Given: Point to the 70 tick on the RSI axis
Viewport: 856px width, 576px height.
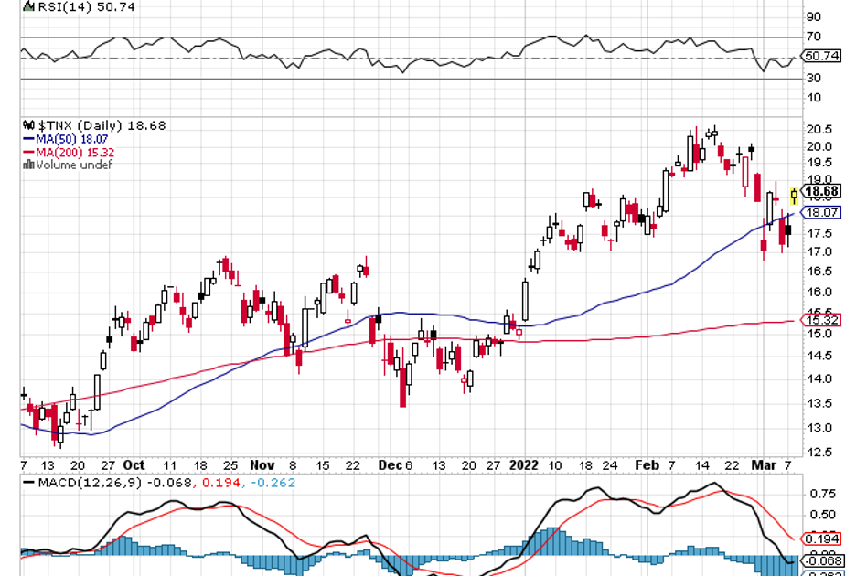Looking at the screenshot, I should (812, 37).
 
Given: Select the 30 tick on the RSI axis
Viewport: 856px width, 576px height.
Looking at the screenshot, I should (812, 78).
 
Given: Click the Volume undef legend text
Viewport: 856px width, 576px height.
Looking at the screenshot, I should (71, 165).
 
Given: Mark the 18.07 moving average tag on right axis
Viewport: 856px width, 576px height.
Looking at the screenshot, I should (820, 212).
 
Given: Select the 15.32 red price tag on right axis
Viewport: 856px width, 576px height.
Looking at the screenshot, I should (820, 320).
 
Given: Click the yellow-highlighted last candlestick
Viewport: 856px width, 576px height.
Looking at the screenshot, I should (794, 195).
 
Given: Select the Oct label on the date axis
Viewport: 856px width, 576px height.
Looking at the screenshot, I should (134, 464).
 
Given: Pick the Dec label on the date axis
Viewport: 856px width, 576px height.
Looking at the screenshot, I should (389, 464).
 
